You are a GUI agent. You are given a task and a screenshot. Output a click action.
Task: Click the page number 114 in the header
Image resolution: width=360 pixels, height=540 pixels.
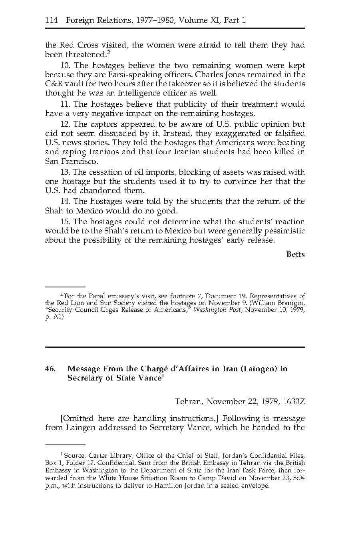pyautogui.click(x=52, y=20)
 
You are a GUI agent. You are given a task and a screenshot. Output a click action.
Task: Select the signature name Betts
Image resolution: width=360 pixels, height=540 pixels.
pyautogui.click(x=295, y=255)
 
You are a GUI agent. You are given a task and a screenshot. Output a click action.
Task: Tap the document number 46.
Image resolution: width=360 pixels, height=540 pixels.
pyautogui.click(x=50, y=369)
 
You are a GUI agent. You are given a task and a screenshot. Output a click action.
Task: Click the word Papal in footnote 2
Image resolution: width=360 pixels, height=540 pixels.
pyautogui.click(x=97, y=296)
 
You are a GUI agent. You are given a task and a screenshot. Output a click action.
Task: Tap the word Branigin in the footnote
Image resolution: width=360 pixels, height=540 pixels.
pyautogui.click(x=290, y=303)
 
